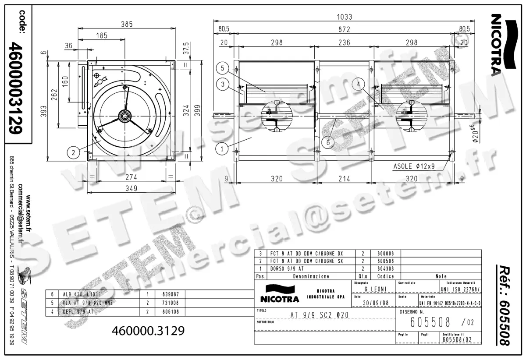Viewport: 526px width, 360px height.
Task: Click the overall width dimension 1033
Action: (345, 17)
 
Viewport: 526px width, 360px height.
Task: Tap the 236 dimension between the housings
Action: (345, 42)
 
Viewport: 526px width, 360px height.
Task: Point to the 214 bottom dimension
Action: (345, 179)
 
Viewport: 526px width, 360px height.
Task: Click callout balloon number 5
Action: (222, 69)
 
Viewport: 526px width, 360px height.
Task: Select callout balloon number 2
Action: (73, 152)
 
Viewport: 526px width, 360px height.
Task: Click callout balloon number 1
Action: (222, 149)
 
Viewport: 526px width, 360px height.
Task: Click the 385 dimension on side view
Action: (127, 25)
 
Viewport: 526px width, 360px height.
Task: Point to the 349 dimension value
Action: (131, 189)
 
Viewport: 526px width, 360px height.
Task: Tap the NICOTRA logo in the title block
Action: (279, 294)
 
